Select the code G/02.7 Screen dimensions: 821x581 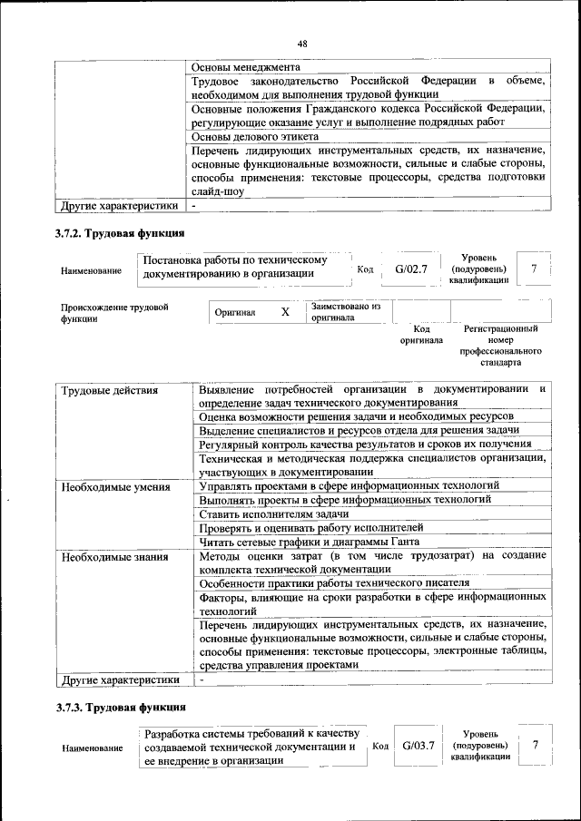click(x=411, y=269)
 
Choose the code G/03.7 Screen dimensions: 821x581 click(x=419, y=746)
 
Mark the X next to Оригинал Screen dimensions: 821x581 click(x=285, y=312)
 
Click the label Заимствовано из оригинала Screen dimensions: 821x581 click(x=345, y=312)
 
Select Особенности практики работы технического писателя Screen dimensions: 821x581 click(x=333, y=582)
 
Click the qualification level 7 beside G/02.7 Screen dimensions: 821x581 click(x=534, y=269)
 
